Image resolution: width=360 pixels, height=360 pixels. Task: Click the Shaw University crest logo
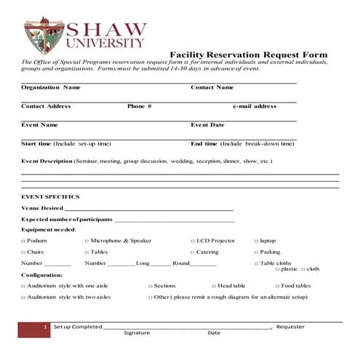click(44, 36)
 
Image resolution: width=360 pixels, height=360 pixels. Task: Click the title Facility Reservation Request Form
click(248, 55)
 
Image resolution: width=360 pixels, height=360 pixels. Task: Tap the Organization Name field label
click(51, 87)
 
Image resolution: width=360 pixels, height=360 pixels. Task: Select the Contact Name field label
click(212, 87)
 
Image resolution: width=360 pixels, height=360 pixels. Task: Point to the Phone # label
click(139, 106)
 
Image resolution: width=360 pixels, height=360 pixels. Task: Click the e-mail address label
click(255, 106)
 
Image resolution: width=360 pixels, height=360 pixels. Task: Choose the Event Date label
click(207, 125)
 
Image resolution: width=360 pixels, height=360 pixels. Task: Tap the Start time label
click(36, 144)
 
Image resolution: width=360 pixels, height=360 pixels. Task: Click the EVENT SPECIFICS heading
click(50, 197)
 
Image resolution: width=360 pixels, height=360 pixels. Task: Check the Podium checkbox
click(23, 241)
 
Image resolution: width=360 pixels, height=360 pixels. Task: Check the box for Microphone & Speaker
click(87, 241)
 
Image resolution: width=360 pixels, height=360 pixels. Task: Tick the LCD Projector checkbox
click(193, 241)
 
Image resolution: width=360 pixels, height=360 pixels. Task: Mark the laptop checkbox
click(256, 241)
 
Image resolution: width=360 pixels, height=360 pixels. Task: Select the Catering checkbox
click(193, 252)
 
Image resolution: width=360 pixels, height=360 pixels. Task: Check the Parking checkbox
click(256, 252)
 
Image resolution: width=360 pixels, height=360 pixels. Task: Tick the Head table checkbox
click(213, 287)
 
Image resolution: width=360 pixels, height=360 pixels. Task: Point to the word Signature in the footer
click(137, 333)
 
